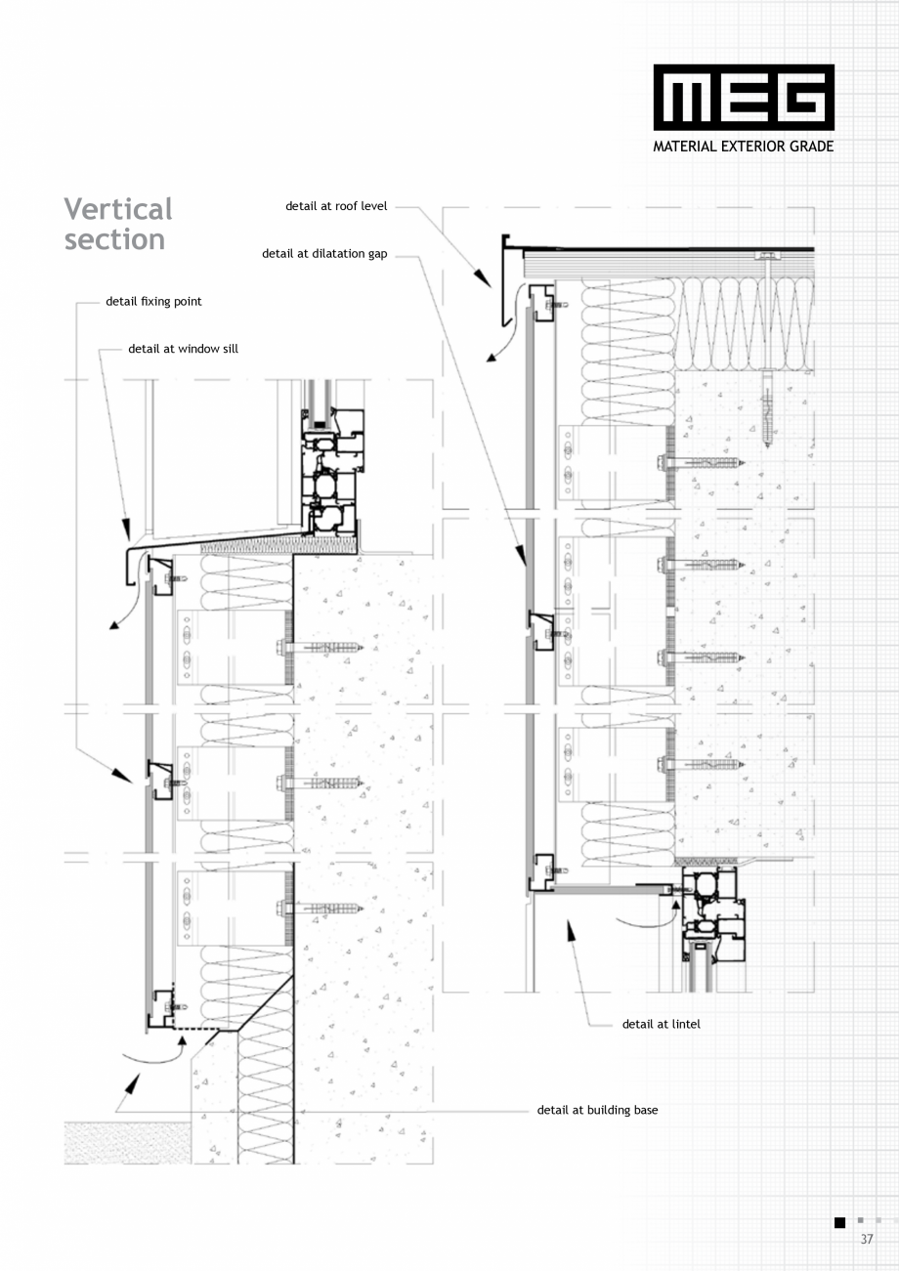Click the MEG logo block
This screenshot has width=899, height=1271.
[x=744, y=97]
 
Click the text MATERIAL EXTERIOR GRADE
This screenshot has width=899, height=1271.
[x=743, y=147]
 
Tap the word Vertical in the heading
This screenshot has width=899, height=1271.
[x=118, y=209]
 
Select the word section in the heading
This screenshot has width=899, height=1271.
[x=114, y=239]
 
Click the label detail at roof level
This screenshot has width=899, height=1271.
[x=336, y=206]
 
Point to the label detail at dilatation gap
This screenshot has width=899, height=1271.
[x=324, y=254]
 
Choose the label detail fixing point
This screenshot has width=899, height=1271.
[x=153, y=301]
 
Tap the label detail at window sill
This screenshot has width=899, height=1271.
[x=184, y=349]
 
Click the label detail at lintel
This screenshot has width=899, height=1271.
[x=662, y=1024]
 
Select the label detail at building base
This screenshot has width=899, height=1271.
[x=598, y=1110]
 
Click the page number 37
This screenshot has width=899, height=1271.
[x=867, y=1239]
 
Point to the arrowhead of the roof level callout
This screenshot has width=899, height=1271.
[x=483, y=278]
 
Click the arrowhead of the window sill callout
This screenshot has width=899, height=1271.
[x=126, y=529]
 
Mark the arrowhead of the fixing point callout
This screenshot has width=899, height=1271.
[x=122, y=776]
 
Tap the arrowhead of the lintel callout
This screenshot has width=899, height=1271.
[x=571, y=931]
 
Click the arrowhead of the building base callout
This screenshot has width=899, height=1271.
[x=132, y=1083]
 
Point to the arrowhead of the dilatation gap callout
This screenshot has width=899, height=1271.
[x=521, y=556]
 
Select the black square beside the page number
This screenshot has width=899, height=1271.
[x=840, y=1222]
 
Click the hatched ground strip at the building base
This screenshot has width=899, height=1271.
[x=128, y=1143]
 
